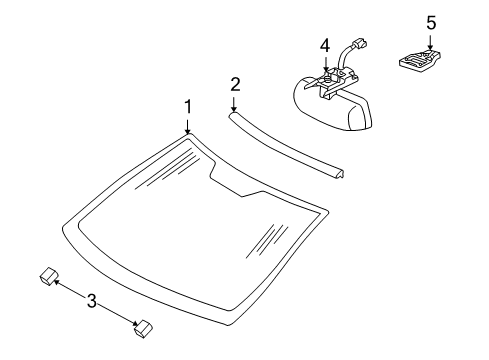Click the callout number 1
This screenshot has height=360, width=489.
click(188, 107)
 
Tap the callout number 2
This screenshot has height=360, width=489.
click(235, 84)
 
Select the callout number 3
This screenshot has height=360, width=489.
click(92, 301)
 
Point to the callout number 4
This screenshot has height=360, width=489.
click(325, 46)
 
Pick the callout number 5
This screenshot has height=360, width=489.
click(431, 23)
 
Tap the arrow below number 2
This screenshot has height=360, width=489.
click(234, 104)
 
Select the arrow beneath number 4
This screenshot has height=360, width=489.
click(326, 65)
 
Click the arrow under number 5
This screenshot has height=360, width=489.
click(430, 42)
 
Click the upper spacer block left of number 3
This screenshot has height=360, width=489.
click(49, 276)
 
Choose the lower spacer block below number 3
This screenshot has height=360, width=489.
click(143, 329)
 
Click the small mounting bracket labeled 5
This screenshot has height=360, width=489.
click(420, 60)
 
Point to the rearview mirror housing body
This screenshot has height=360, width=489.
click(333, 106)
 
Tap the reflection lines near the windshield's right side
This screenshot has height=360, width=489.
click(267, 241)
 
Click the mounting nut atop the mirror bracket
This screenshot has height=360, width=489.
click(327, 79)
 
